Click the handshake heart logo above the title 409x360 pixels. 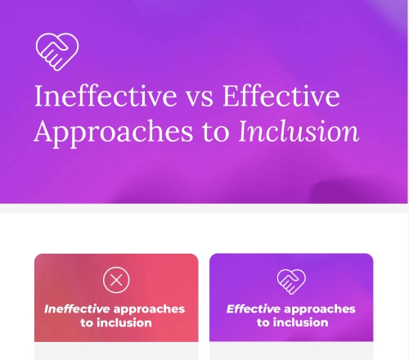(56, 51)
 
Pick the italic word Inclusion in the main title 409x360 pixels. (299, 131)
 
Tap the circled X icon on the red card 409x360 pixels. (116, 281)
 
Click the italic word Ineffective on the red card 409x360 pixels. (76, 309)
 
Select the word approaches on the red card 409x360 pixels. (149, 309)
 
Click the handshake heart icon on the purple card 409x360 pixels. (290, 281)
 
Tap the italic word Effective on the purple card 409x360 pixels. (254, 309)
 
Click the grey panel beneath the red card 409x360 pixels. (116, 351)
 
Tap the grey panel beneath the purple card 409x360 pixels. (291, 351)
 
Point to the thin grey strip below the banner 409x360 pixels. (204, 209)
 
